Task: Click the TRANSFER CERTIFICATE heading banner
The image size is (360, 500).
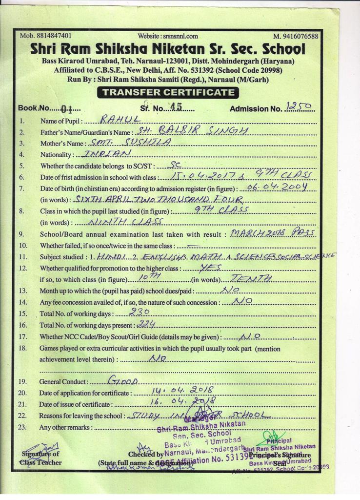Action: [168, 92]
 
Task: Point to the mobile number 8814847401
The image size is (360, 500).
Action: [46, 36]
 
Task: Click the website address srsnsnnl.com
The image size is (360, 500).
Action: [168, 36]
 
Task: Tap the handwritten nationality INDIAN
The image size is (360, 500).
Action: [108, 153]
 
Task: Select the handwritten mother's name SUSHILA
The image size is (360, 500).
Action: [130, 142]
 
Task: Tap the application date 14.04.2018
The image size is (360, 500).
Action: [179, 391]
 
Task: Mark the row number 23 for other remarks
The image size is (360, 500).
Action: [22, 427]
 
